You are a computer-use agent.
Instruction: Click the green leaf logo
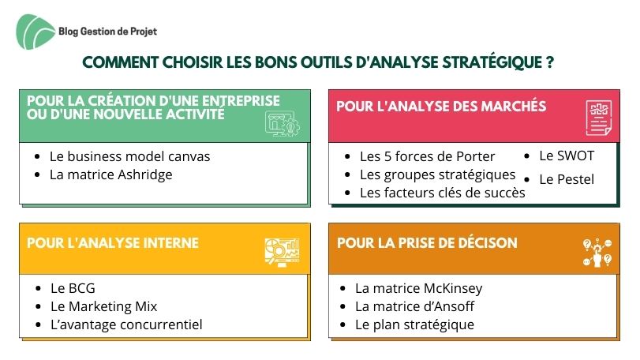click(x=35, y=32)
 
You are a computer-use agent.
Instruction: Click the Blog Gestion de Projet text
click(x=108, y=32)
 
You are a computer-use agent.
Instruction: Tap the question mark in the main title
click(x=550, y=62)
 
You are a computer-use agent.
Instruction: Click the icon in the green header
click(x=282, y=123)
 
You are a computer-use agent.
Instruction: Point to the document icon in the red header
click(x=599, y=118)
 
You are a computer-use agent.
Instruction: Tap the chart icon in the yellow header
click(x=282, y=253)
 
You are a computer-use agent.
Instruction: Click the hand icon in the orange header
click(x=597, y=253)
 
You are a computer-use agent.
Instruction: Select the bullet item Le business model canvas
click(x=129, y=156)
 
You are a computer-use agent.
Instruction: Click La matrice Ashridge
click(x=111, y=174)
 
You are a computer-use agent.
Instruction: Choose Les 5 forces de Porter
click(x=428, y=156)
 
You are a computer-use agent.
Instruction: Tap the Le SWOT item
click(x=567, y=156)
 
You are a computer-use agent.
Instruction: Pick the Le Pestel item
click(x=567, y=179)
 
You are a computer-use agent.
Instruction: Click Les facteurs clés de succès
click(x=443, y=193)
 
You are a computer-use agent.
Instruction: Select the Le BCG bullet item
click(x=73, y=288)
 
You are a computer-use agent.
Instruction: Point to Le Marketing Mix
click(x=103, y=306)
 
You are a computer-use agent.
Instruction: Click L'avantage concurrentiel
click(x=126, y=324)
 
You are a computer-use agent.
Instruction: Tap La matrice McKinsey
click(x=419, y=288)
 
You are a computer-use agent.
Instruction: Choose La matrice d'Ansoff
click(x=414, y=306)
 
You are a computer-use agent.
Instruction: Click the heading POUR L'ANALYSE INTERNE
click(x=113, y=243)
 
